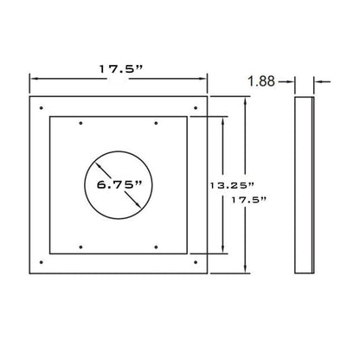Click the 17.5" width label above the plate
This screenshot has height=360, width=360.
point(121,69)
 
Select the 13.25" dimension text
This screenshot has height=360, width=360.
point(232,185)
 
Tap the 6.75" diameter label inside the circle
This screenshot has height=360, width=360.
point(119,184)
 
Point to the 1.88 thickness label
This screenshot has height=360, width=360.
point(261,81)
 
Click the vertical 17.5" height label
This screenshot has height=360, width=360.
point(249,200)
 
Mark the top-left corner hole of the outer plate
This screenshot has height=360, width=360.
point(42,108)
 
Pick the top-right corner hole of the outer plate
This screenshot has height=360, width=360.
point(196,108)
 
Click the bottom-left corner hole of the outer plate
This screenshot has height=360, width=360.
point(42,262)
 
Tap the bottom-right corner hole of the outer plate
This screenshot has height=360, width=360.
point(196,262)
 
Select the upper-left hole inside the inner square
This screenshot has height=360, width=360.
point(80,123)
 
